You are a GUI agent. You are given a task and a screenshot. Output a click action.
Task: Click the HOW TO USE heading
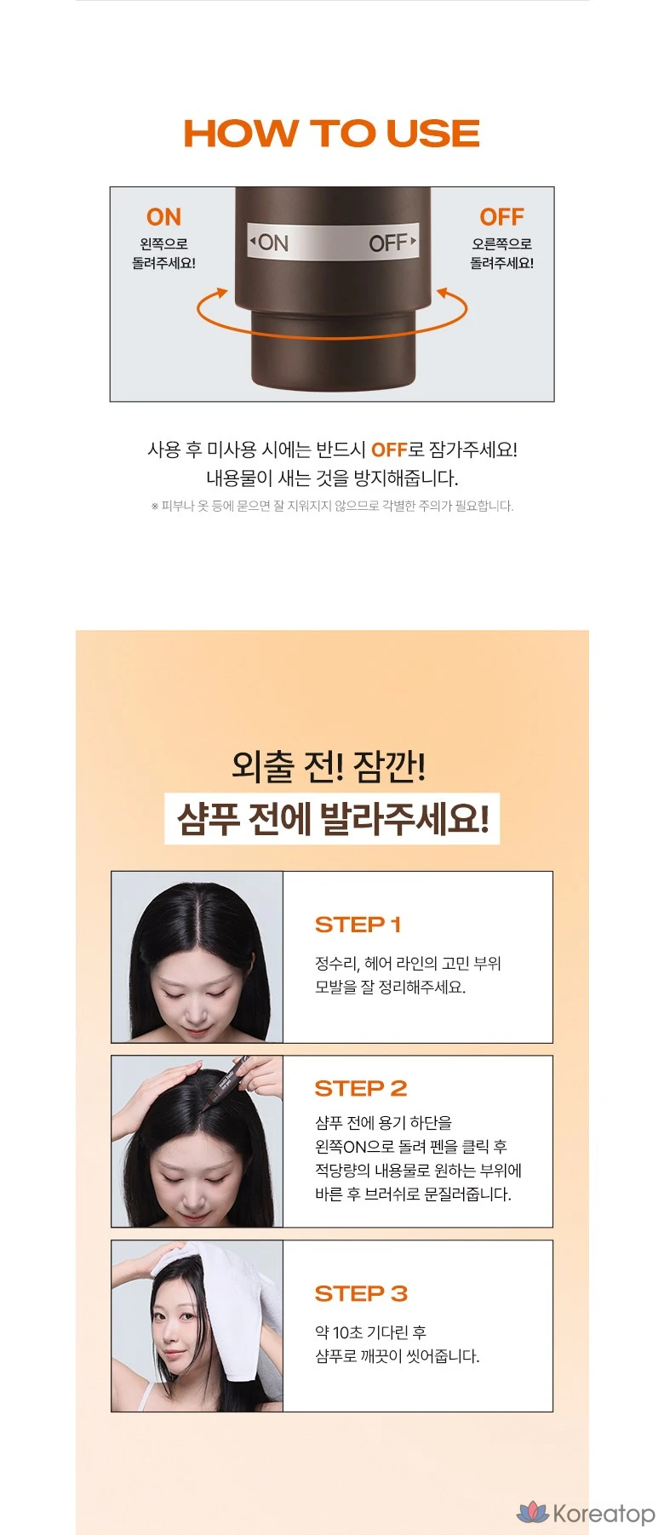331,134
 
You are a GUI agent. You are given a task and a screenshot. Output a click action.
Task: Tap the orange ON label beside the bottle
163,217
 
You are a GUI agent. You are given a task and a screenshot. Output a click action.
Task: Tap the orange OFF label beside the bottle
501,217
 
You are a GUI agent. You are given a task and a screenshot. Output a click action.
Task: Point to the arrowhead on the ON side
222,293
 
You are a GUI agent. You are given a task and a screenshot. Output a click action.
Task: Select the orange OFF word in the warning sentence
389,450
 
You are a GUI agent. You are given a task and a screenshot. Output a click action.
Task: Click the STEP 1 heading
358,925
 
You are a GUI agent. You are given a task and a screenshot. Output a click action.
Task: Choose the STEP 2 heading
361,1088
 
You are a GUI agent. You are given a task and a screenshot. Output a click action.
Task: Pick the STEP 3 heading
361,1294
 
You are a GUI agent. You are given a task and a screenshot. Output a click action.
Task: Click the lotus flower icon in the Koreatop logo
533,1512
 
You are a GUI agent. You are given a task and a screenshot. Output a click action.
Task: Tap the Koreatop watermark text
604,1514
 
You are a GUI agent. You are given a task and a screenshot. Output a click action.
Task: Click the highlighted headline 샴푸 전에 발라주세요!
332,820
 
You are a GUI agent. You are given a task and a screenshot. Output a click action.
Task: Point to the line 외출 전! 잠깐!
329,765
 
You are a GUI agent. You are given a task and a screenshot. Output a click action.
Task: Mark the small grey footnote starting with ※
332,506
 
